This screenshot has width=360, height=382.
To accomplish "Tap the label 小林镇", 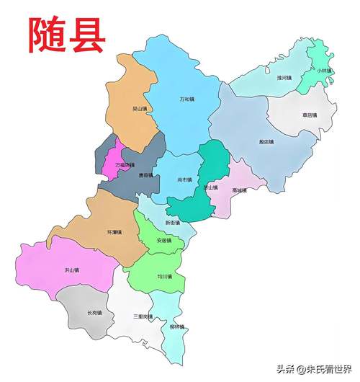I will coord(323,71).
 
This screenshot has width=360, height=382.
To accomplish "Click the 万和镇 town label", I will coord(187,99).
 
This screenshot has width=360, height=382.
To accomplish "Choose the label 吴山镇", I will coord(139,110).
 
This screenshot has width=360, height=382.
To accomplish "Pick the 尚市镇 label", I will coord(185,179).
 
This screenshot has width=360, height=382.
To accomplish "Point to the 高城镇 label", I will coord(240,190).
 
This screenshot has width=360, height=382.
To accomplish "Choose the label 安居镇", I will coord(164,241).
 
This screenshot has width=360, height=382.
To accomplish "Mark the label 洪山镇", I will coord(71,270).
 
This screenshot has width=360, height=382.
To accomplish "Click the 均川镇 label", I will coord(164,276).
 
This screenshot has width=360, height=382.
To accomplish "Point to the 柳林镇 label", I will coord(177,327).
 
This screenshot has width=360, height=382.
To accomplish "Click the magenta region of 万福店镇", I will coord(112,162).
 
